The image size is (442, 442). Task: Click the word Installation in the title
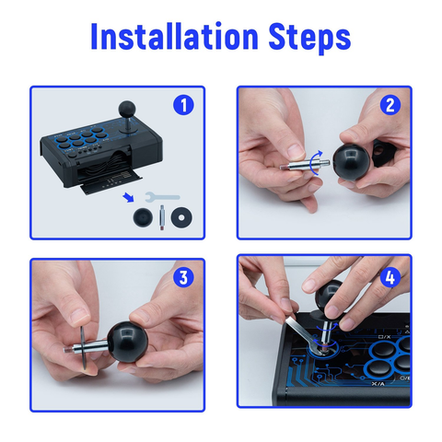pos(174,36)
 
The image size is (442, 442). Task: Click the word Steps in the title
pos(309,39)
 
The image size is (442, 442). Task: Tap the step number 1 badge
pos(183,105)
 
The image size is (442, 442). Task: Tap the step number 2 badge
pos(390,105)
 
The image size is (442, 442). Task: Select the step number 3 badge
pos(183,277)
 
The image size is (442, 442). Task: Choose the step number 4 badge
pos(390,277)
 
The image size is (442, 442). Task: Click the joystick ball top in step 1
pos(127,108)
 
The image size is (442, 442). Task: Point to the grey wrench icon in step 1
pos(162,197)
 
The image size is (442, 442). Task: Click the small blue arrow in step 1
pos(128,197)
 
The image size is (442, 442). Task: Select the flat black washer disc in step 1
pos(181,217)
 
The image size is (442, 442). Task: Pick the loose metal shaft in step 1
pos(161,217)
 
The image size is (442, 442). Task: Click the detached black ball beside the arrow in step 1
pos(143,217)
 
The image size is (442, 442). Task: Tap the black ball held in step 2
pos(352,162)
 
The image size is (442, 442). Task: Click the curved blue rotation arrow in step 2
pos(313,163)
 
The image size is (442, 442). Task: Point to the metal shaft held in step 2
pos(305,165)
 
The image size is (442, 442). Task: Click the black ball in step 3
pos(128,342)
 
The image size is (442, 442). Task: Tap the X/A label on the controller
pos(378,383)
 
